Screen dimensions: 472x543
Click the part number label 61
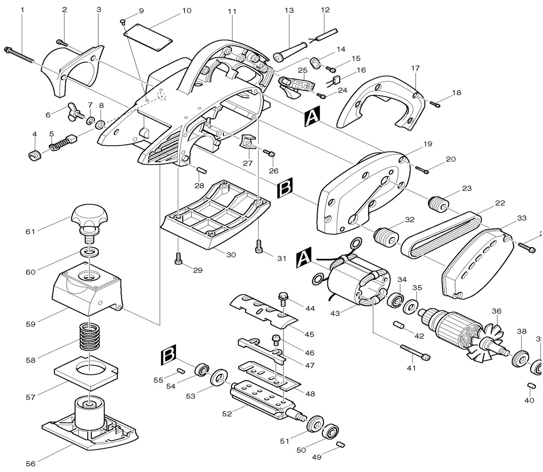[x=30, y=232]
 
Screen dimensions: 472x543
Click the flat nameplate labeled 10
[x=148, y=37]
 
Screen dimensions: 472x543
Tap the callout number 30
[x=231, y=255]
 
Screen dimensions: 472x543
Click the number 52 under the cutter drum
[x=227, y=413]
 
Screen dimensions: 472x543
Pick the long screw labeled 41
[x=415, y=352]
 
